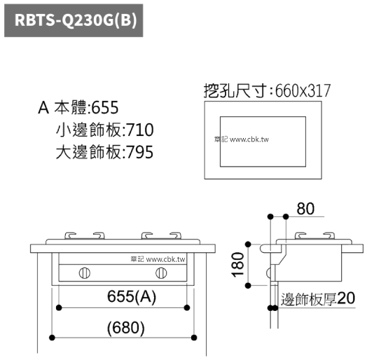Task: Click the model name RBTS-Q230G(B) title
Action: point(76,20)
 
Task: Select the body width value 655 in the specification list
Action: point(105,108)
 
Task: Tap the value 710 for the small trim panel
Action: point(141,130)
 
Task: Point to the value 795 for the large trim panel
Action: point(141,152)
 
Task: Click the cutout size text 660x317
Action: point(303,91)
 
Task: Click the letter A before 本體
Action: point(43,108)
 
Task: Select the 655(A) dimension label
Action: point(131,296)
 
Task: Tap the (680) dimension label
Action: point(126,328)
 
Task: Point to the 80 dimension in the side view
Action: point(305,209)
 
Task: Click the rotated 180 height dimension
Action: point(238,265)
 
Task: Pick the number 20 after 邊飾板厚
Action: point(346,298)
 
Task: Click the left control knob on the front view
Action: point(85,273)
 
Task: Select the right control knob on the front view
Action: point(161,273)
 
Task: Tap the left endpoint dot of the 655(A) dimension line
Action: point(59,307)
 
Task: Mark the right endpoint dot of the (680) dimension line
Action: point(194,338)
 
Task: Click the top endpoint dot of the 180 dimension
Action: point(248,244)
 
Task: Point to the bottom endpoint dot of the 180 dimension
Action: point(248,286)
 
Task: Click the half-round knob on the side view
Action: point(269,273)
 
